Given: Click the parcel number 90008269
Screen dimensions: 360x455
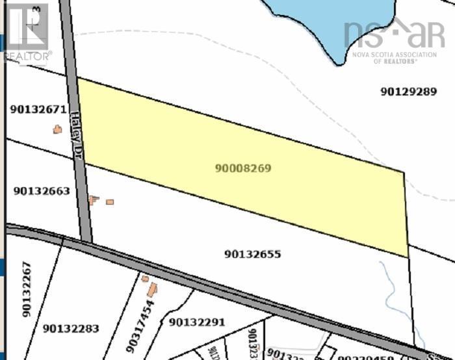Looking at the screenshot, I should tap(242, 168).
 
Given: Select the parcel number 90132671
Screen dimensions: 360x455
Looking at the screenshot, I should tap(38, 110).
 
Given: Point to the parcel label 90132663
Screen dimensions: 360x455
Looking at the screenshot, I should tap(41, 191).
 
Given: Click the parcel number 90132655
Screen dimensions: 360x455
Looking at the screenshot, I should tap(252, 254).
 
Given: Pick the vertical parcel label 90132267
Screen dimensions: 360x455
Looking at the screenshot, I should tap(27, 289).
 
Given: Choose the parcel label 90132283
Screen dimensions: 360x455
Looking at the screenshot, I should tap(71, 329).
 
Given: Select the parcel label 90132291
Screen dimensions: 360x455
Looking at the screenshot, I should tap(196, 322).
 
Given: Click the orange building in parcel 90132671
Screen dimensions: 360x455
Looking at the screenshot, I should tap(57, 129).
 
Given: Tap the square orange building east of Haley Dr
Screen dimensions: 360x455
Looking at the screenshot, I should tap(110, 202).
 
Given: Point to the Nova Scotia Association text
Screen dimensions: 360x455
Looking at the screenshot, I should tap(394, 55).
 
